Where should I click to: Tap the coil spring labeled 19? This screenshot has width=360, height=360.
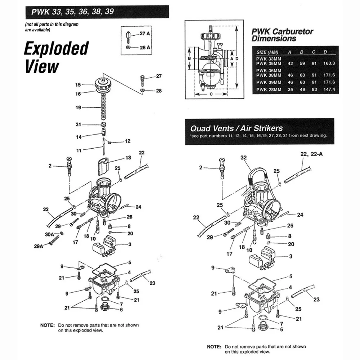pos(103,108)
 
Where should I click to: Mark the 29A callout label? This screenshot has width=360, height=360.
pos(38,246)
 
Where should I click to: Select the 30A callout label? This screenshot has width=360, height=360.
pos(49,234)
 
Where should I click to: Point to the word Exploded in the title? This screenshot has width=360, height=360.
pos(56,49)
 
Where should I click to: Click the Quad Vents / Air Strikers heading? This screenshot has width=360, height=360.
pos(237,128)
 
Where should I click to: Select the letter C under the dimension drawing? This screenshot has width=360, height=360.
pos(211,94)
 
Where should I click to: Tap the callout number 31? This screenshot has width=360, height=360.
pos(78,125)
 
